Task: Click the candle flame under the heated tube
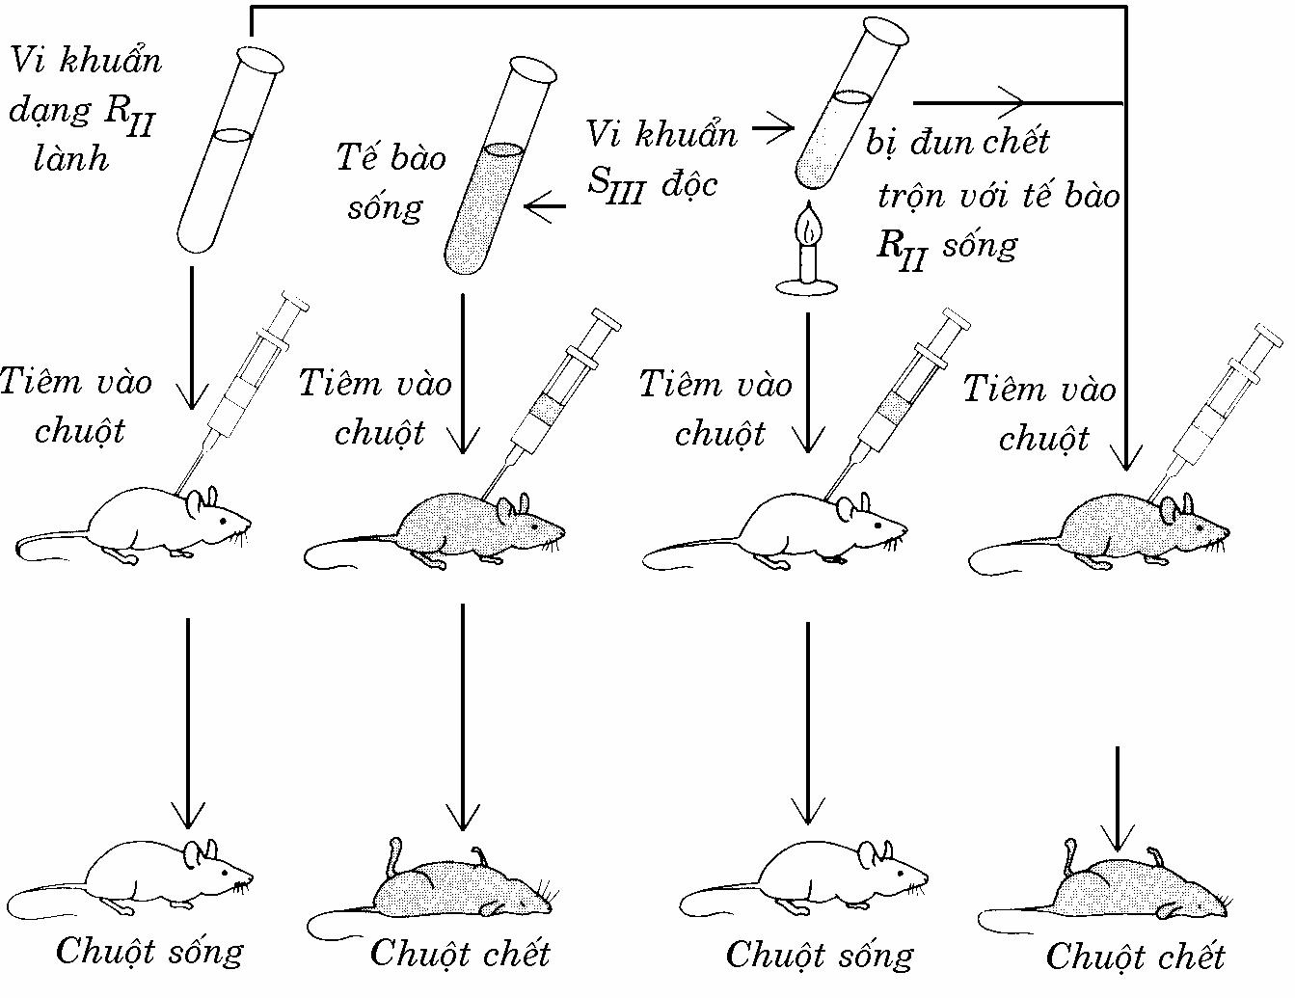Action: pos(808,226)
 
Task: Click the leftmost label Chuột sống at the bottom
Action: pos(149,953)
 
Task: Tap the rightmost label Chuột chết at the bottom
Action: pos(1135,958)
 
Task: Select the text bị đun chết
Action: pos(957,143)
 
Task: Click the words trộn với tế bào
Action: pos(998,197)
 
